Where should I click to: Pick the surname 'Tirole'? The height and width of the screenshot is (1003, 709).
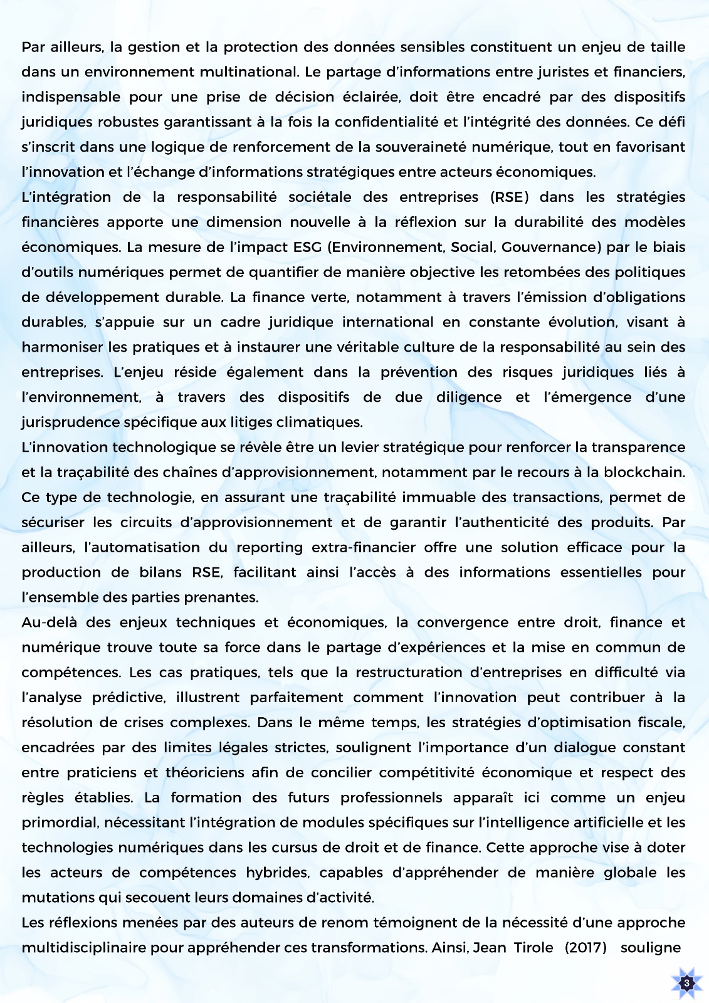pyautogui.click(x=534, y=947)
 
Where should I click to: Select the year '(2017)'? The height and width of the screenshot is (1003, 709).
pyautogui.click(x=586, y=947)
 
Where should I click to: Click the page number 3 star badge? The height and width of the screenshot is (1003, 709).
pyautogui.click(x=686, y=983)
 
